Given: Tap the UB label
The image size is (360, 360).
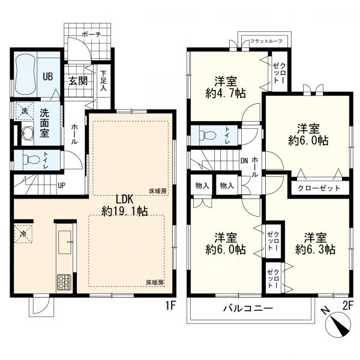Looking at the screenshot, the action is coord(48,76).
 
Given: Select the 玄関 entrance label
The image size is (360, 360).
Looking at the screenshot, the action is coord(78,81).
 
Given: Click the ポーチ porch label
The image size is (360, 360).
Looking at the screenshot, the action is coord(91,35).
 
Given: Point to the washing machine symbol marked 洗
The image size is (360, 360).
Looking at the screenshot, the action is coord(25,112).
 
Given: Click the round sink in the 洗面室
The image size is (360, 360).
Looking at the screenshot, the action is coord(28,134).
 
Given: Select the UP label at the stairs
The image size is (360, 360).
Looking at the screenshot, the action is coord(61,185).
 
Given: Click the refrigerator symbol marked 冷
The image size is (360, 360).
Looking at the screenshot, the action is coord(23,234).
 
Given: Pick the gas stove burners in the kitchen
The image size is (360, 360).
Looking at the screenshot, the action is coord(64,282).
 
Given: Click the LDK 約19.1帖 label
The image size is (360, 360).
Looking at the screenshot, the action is coord(124,205).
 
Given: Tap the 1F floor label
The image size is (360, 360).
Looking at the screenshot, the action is coord(170,306).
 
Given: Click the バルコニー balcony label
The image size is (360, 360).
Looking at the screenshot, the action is coord(248,308).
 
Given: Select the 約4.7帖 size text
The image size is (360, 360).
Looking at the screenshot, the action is coord(226,94).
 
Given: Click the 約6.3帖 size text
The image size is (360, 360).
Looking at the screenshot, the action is coord(315,250).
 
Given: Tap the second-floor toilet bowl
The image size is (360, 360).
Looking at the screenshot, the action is coord(208,135).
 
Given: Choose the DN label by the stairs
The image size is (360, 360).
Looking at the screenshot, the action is coord(244,161).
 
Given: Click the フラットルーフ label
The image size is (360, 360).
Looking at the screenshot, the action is coord(266,41).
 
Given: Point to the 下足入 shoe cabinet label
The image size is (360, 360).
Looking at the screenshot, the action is coord(103,81).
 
